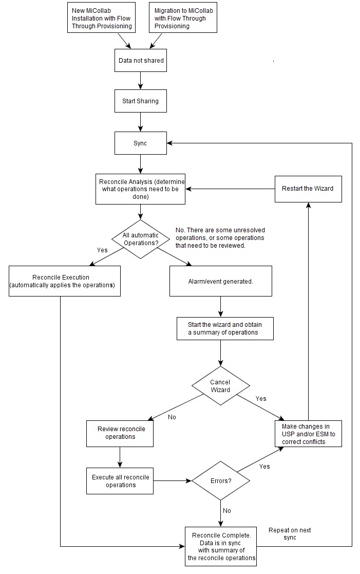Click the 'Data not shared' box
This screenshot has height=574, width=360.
pyautogui.click(x=141, y=61)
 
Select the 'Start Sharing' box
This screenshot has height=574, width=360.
pyautogui.click(x=141, y=101)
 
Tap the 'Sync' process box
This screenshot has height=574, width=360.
pyautogui.click(x=141, y=143)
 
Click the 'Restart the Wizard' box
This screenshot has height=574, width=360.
pyautogui.click(x=308, y=189)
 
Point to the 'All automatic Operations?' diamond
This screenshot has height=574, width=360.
pyautogui.click(x=141, y=239)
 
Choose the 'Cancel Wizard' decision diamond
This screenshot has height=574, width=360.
pyautogui.click(x=221, y=386)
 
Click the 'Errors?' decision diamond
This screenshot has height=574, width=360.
pyautogui.click(x=221, y=480)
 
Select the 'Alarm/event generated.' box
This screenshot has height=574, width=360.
pyautogui.click(x=221, y=281)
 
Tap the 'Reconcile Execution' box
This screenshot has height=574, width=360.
pyautogui.click(x=64, y=281)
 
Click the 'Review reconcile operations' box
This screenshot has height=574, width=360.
pyautogui.click(x=120, y=434)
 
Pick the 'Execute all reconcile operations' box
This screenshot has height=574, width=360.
pyautogui.click(x=120, y=481)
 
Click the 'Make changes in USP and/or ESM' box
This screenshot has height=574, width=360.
pyautogui.click(x=308, y=434)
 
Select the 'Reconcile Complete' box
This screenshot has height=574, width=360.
pyautogui.click(x=221, y=547)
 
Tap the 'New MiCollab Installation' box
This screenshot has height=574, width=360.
pyautogui.click(x=101, y=17)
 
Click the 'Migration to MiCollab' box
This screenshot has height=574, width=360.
pyautogui.click(x=183, y=17)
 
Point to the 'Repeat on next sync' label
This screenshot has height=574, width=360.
pyautogui.click(x=290, y=534)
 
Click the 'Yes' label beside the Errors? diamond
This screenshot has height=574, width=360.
pyautogui.click(x=264, y=467)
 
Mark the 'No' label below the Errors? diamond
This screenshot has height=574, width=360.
pyautogui.click(x=227, y=511)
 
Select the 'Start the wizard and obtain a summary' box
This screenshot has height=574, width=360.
pyautogui.click(x=225, y=329)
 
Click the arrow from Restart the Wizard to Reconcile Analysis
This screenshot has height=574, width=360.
pyautogui.click(x=230, y=189)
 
